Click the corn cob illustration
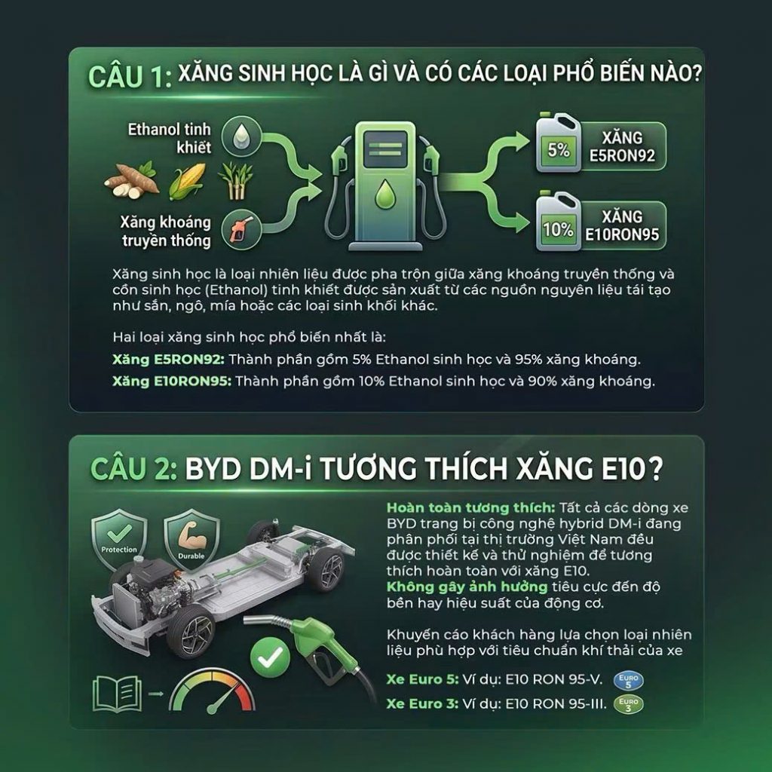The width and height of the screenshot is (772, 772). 187,181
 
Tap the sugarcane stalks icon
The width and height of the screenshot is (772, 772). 235,181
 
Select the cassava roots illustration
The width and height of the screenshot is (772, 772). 132,182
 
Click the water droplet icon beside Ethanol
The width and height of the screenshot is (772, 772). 241,136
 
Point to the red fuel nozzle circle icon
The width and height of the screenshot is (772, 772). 240,229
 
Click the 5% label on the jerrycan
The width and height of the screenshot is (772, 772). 559,150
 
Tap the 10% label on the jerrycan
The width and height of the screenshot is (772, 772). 558,229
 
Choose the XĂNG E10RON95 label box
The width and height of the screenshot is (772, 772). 622,225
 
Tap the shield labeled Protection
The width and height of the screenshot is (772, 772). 119,538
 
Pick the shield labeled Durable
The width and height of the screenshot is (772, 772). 191,538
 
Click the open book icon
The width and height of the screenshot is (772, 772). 117,694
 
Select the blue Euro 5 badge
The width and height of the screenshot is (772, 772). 628,681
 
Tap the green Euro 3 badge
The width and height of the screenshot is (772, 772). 629,705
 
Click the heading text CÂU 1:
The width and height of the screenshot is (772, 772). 130,77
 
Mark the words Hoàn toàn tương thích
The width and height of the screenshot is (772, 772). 471,507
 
